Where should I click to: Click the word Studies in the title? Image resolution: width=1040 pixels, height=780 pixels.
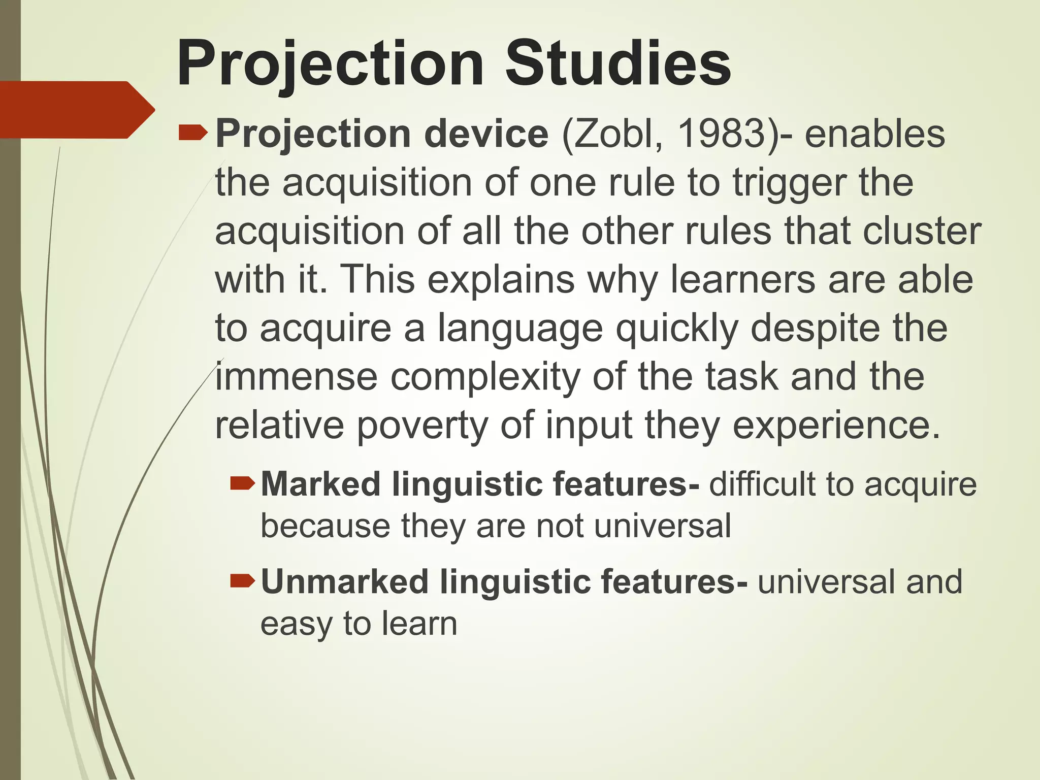[x=617, y=64]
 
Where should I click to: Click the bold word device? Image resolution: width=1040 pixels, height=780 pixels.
[x=486, y=134]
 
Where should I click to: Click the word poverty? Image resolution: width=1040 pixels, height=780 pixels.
[x=422, y=426]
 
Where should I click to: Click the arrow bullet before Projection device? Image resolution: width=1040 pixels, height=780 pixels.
[x=193, y=134]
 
